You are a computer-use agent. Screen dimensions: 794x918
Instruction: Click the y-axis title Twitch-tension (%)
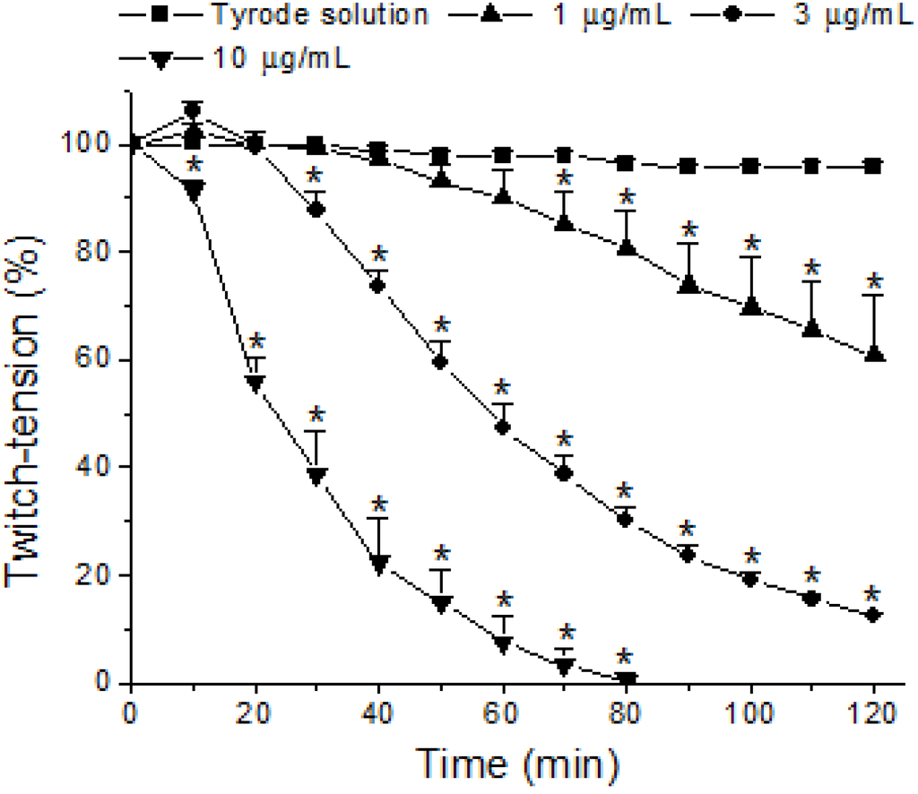(27, 394)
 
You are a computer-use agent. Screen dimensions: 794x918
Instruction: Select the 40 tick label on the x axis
(378, 716)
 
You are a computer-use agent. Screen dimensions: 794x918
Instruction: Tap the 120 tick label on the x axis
(874, 716)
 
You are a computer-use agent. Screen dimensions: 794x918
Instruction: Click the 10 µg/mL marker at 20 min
(255, 383)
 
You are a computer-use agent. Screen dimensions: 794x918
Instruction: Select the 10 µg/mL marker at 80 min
(626, 679)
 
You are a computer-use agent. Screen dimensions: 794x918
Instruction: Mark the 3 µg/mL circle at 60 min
(502, 427)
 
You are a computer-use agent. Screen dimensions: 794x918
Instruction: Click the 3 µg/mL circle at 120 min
(873, 615)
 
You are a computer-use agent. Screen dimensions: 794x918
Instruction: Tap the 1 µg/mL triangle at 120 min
(874, 355)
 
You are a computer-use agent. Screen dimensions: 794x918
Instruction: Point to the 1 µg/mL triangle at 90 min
(688, 285)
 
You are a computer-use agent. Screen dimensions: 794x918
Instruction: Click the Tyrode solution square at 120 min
(873, 167)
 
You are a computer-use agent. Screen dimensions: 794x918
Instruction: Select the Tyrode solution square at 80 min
(626, 163)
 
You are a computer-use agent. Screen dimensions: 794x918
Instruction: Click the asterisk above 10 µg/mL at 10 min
(191, 167)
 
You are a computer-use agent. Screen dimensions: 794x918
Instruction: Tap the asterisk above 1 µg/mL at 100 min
(751, 243)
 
